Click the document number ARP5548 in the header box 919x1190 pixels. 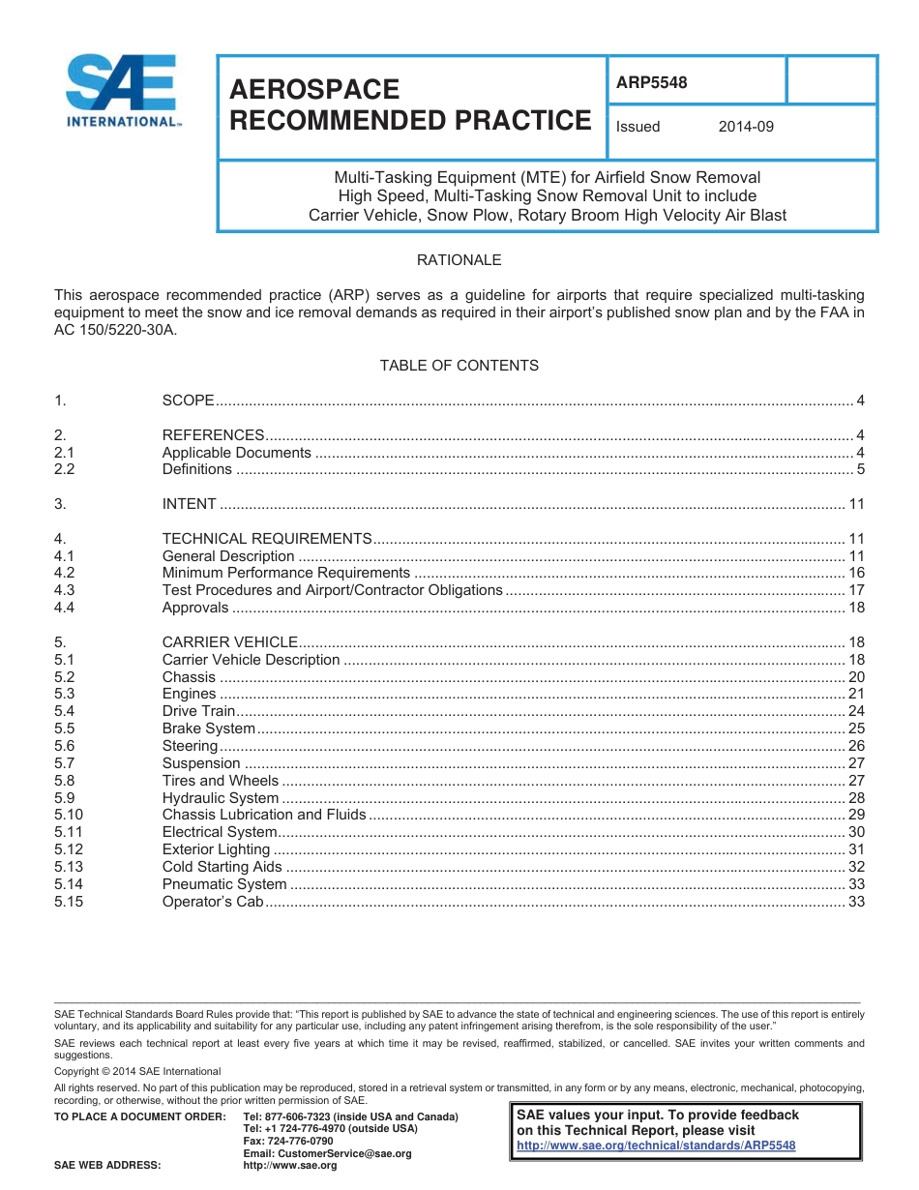(651, 82)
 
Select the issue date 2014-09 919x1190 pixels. (746, 127)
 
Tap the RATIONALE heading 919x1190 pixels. (459, 260)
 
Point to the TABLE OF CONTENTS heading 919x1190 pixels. (459, 365)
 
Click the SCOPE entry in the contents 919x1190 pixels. (188, 401)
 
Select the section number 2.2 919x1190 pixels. (64, 469)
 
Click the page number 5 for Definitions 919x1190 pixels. (860, 469)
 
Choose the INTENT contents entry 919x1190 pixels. (189, 504)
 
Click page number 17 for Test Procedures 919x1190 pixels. (856, 590)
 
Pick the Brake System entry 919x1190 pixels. (208, 729)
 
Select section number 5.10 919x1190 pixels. (69, 815)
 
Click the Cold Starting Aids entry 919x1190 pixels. (222, 867)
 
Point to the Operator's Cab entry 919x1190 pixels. (213, 902)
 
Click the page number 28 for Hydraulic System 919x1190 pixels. (856, 798)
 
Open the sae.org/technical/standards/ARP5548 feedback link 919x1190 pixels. (656, 1145)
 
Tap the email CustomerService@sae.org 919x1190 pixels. (327, 1153)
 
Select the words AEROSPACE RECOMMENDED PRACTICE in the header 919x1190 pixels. (409, 104)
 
